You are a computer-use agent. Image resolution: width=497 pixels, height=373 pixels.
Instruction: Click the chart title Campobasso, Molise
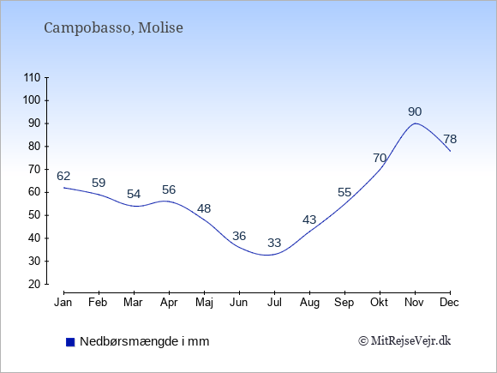[113, 27]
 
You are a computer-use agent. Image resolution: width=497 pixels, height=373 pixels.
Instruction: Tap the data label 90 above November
[415, 111]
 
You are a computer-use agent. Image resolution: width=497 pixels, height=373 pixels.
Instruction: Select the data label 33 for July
[274, 243]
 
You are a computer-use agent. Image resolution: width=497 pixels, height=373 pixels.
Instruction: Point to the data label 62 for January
[63, 176]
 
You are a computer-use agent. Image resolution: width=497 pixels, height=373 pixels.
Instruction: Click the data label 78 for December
[450, 139]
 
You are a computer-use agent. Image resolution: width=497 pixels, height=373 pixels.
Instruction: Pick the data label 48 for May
[204, 208]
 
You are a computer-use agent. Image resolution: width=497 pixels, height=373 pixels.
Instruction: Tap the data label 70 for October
[380, 158]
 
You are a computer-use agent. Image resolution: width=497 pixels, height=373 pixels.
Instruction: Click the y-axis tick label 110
[32, 78]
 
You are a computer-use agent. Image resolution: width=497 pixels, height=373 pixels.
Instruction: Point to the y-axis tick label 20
[34, 284]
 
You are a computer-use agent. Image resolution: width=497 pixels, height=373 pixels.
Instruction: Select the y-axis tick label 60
[34, 192]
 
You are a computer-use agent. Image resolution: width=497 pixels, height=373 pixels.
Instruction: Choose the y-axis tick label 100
[32, 100]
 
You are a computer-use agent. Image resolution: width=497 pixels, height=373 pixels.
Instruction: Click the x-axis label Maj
[204, 303]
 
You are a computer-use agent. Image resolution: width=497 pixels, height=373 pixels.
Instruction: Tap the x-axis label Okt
[379, 303]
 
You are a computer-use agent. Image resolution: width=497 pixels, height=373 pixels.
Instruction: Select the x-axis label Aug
[309, 303]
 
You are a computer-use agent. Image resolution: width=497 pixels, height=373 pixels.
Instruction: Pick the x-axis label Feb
[98, 303]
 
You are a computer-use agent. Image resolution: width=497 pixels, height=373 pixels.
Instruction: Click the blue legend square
[70, 342]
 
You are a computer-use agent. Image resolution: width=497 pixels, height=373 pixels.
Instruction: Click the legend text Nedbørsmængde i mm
[145, 341]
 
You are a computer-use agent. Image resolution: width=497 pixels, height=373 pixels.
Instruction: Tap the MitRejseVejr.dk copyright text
[404, 341]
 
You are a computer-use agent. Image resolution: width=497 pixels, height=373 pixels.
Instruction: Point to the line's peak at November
[416, 123]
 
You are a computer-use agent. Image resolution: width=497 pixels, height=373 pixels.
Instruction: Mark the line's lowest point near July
[267, 255]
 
